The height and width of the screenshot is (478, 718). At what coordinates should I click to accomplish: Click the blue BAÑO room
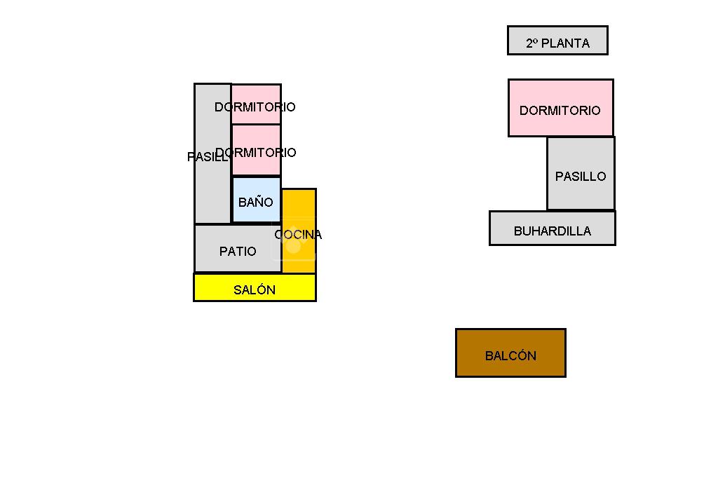pos(256,200)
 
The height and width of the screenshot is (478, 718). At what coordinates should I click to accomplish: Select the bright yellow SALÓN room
pos(255,287)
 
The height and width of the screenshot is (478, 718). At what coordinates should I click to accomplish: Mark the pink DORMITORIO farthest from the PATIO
pos(257,104)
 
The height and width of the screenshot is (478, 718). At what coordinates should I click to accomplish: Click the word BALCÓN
pos(510,356)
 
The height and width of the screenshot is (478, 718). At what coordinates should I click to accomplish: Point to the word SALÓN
pos(255,290)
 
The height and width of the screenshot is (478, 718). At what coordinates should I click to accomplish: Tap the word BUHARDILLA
pos(553,231)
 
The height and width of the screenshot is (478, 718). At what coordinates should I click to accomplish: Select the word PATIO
pos(238,252)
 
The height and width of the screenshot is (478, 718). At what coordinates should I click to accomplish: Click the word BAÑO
pos(255,203)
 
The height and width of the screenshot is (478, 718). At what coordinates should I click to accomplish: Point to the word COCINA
pos(298,235)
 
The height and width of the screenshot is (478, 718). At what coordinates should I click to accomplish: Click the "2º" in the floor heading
pos(532,43)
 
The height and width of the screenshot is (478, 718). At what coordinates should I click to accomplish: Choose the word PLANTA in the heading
pos(566,43)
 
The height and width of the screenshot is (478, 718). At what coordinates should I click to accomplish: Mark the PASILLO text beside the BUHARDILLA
pos(581,177)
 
